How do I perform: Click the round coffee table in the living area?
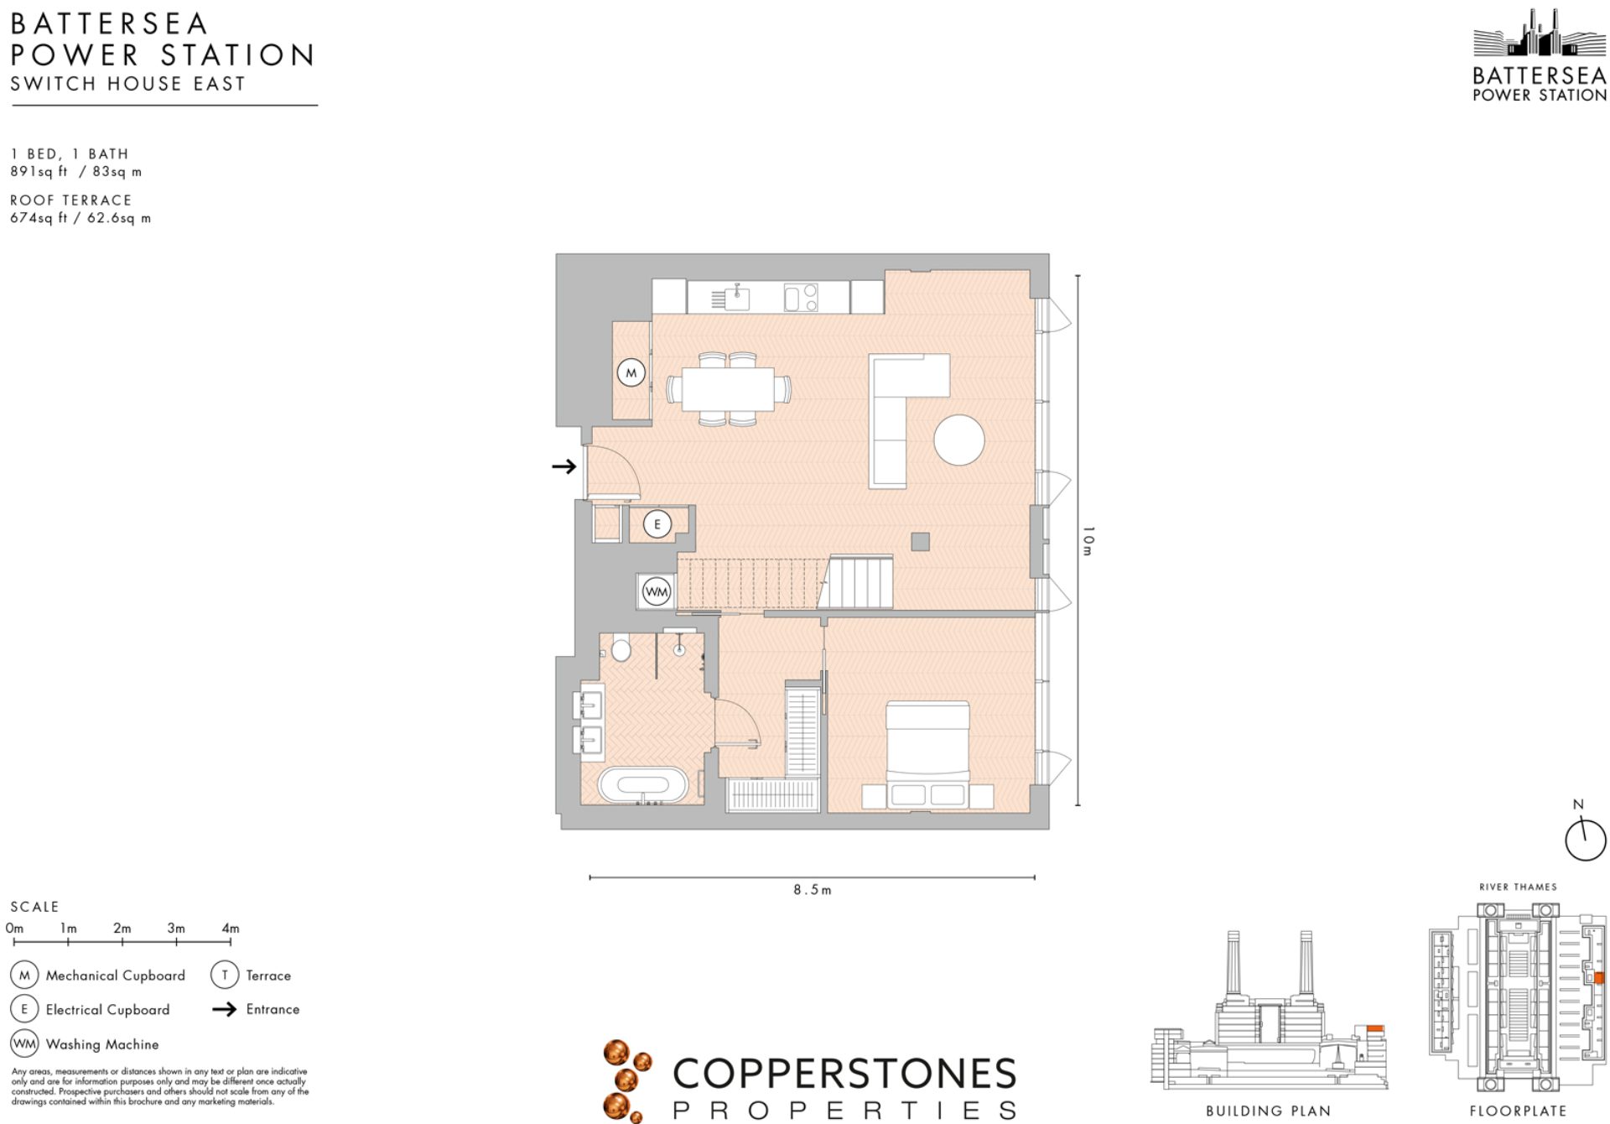[x=958, y=440]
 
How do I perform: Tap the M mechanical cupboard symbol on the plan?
[x=631, y=372]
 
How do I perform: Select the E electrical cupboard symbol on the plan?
[x=657, y=524]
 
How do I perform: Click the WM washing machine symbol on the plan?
[x=657, y=591]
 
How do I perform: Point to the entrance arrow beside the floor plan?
[x=564, y=466]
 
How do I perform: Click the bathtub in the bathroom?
[x=643, y=786]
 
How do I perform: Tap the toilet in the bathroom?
[x=621, y=648]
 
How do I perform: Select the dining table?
[x=728, y=389]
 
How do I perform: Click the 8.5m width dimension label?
[x=812, y=890]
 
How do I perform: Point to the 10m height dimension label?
[x=1088, y=540]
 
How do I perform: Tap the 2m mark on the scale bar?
[x=122, y=928]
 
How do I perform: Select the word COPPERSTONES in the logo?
[x=844, y=1073]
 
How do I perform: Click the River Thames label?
[x=1518, y=887]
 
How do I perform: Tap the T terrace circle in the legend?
[x=224, y=975]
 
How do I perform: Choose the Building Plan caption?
[x=1268, y=1111]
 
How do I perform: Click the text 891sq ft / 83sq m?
[x=75, y=171]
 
